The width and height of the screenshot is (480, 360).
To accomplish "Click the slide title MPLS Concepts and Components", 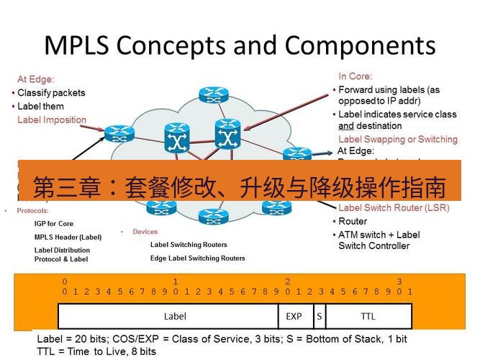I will (x=240, y=45).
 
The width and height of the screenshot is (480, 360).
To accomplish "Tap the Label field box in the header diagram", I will (x=175, y=316).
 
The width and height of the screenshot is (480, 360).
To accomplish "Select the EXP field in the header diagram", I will (x=294, y=316).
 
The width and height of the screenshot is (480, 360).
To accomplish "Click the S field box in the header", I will (x=319, y=316).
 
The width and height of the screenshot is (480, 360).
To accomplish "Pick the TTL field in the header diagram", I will (x=368, y=316).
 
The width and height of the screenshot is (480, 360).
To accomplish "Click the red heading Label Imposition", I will (x=52, y=120).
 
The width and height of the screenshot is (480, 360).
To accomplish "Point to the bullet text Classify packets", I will (x=51, y=93).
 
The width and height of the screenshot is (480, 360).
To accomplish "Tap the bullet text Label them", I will (x=40, y=107).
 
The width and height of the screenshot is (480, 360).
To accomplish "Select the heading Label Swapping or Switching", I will (x=397, y=139).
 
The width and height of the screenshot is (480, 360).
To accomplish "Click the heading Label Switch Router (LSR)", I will (x=394, y=208).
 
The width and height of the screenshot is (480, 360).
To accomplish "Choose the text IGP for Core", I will (x=54, y=224).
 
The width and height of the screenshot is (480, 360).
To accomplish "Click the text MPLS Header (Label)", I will (x=68, y=237).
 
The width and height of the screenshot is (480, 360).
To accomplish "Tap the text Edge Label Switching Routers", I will (x=197, y=258).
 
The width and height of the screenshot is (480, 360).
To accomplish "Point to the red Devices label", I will (x=145, y=232).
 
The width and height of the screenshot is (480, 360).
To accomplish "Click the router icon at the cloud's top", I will (x=212, y=94).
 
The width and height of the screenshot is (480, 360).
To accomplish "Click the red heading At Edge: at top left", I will (x=36, y=79).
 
